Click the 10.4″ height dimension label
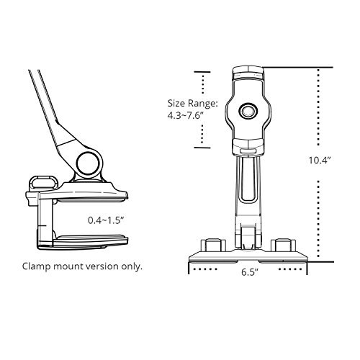coord(320,161)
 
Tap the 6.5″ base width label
coord(250,272)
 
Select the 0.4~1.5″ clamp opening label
coord(106,220)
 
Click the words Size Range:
coord(193,104)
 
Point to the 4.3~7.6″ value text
coord(186,116)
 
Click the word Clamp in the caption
coord(37,266)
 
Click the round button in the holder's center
coord(248,111)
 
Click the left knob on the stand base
coord(213,246)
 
